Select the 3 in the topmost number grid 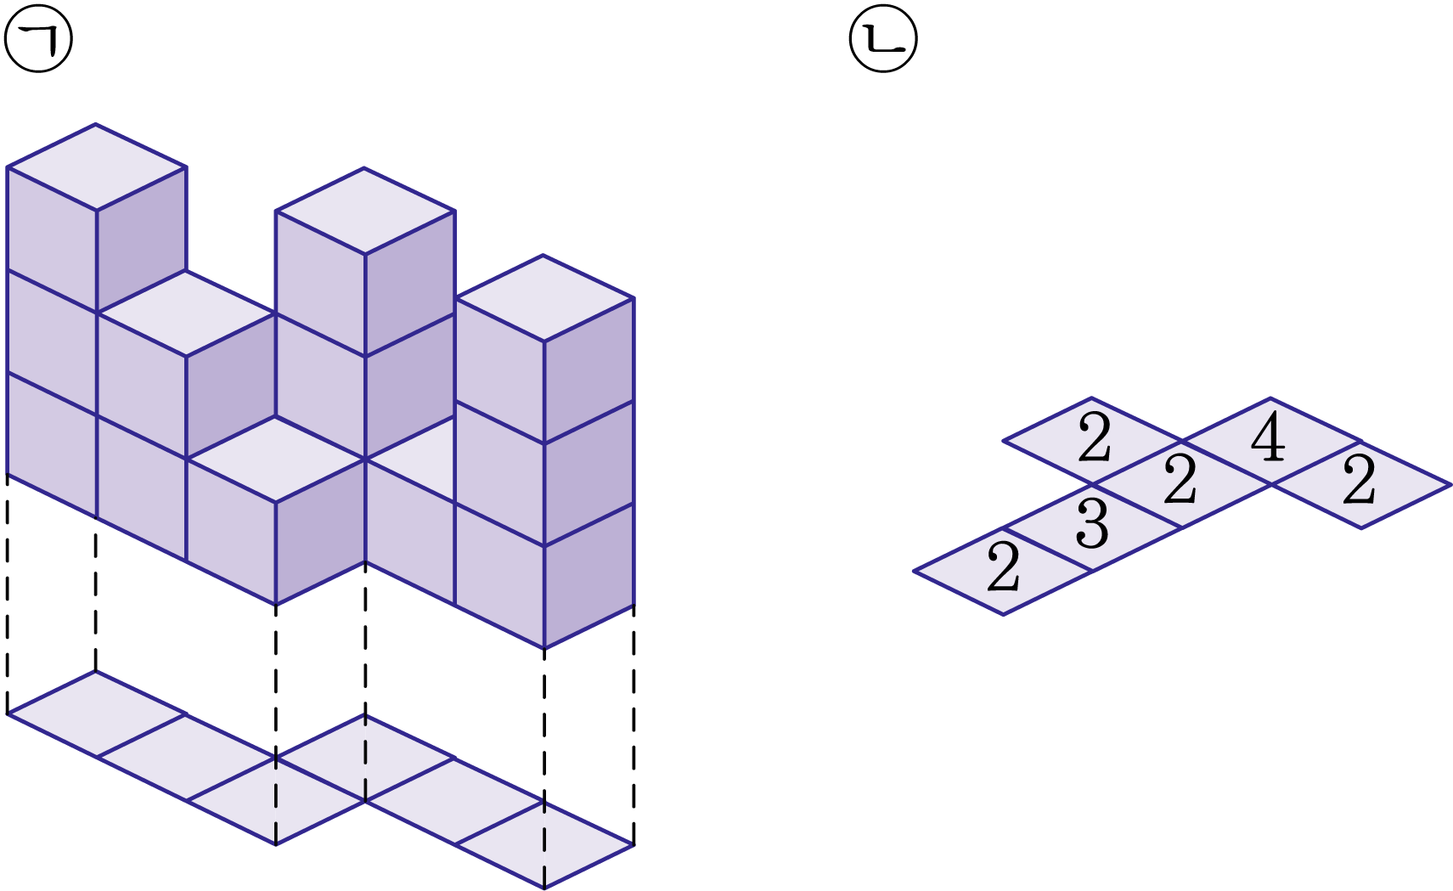pyautogui.click(x=1092, y=525)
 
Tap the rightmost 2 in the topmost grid pyautogui.click(x=1359, y=482)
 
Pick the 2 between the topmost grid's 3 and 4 pyautogui.click(x=1180, y=482)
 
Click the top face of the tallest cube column pyautogui.click(x=96, y=167)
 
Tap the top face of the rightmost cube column pyautogui.click(x=543, y=298)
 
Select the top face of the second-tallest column pyautogui.click(x=365, y=211)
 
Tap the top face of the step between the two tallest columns pyautogui.click(x=187, y=313)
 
